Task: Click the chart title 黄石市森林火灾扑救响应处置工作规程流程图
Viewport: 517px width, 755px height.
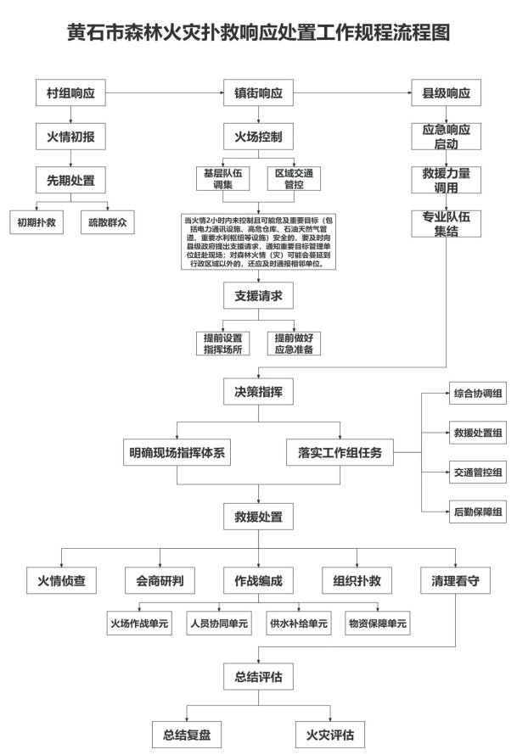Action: point(258,32)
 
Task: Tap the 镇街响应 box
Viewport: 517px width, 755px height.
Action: point(258,92)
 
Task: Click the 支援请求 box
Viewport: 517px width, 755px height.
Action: point(258,296)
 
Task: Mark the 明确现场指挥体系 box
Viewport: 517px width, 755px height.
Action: point(177,452)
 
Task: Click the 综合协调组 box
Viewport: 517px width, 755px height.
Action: point(477,394)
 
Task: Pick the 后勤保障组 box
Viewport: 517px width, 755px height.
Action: point(477,510)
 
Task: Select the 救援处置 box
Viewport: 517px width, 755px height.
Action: point(258,515)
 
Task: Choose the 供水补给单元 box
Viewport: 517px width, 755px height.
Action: point(297,624)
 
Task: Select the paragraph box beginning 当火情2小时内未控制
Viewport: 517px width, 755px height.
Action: point(258,242)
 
